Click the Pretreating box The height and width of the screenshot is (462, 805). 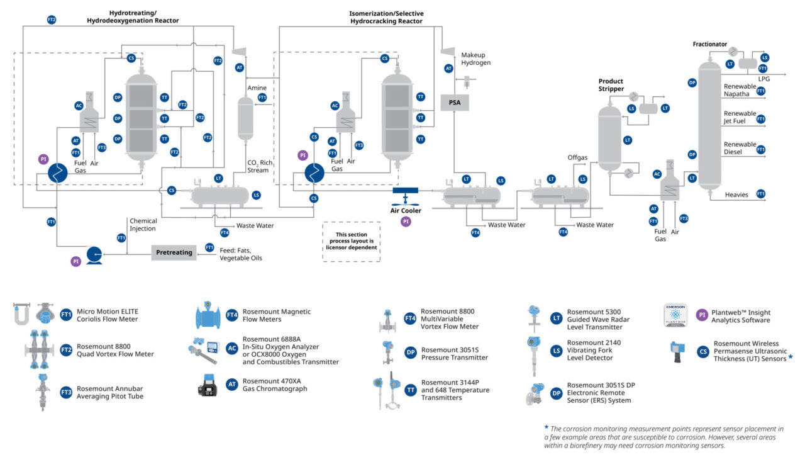(x=174, y=252)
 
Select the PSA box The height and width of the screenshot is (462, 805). (x=455, y=102)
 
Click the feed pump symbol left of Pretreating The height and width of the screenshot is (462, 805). (x=94, y=254)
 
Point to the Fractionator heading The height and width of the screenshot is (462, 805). (x=709, y=45)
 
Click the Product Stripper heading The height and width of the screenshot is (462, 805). (x=611, y=85)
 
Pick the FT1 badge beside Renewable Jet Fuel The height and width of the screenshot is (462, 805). (x=761, y=119)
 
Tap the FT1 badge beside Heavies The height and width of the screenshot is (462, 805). (x=761, y=194)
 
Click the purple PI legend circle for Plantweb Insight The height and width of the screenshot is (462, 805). (x=702, y=315)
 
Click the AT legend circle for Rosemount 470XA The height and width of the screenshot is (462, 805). (x=232, y=385)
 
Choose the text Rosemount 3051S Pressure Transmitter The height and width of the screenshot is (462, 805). (x=454, y=354)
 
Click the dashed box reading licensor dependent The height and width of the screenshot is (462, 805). (x=351, y=241)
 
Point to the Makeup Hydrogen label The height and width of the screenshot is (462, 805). (x=475, y=59)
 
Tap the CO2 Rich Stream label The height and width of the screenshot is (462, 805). (x=258, y=166)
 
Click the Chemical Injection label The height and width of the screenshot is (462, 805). (x=143, y=225)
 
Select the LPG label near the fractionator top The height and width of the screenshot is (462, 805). (x=763, y=79)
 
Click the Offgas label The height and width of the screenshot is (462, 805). (x=577, y=157)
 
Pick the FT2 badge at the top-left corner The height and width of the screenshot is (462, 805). (x=52, y=20)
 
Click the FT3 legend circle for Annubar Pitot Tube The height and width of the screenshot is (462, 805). (x=66, y=392)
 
